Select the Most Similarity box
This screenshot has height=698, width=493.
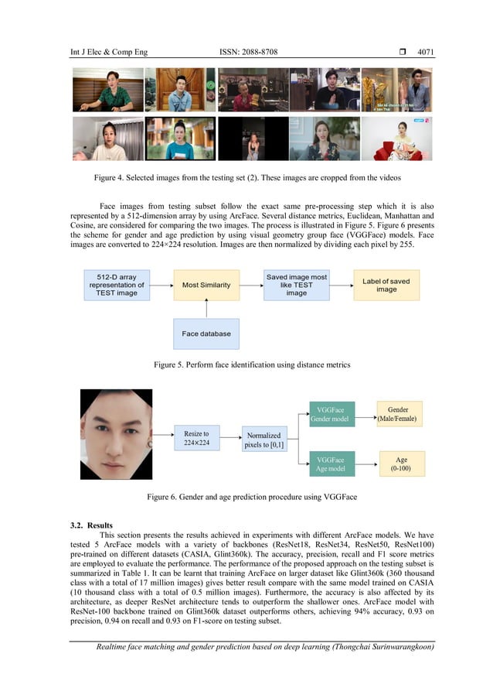206,286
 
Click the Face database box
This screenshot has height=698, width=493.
206,334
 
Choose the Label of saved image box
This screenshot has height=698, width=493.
386,285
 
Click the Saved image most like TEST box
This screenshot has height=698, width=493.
296,285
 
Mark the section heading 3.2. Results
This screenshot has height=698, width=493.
91,525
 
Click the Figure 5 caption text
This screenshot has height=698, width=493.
246,363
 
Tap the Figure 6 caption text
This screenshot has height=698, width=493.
246,497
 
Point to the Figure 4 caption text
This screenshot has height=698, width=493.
246,179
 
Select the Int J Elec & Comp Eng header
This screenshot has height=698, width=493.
108,52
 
